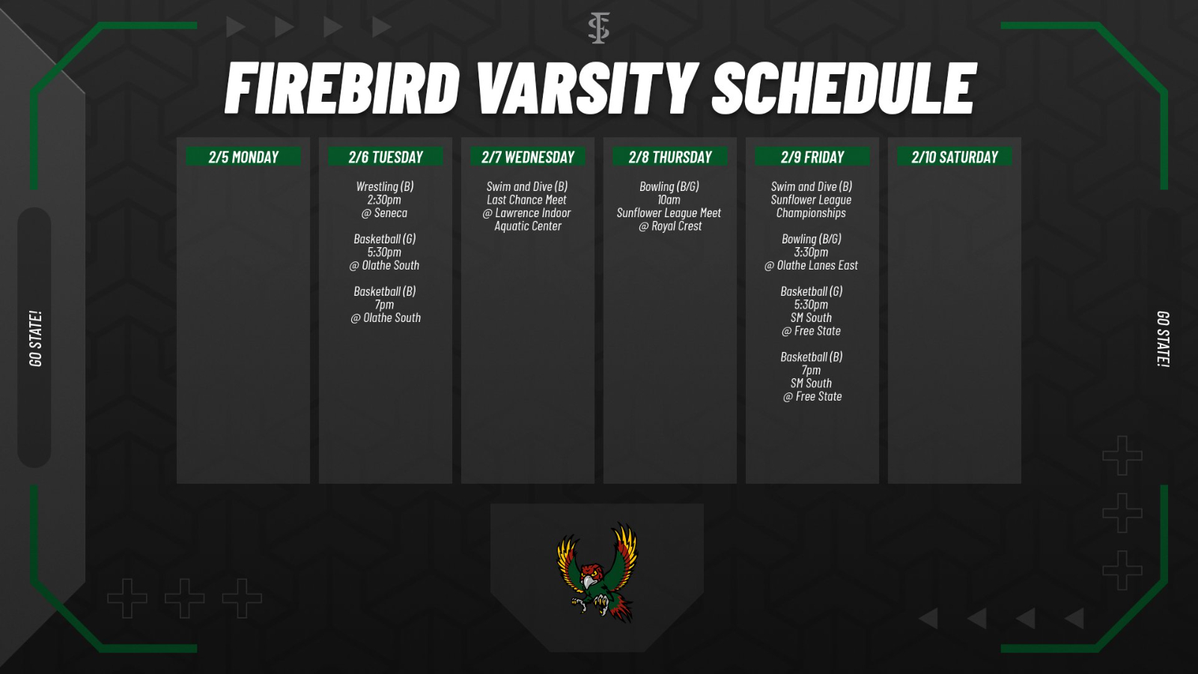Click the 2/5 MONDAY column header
click(243, 157)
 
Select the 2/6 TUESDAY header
click(386, 157)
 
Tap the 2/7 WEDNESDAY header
click(528, 157)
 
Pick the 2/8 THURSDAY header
click(670, 157)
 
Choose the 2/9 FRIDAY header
click(812, 157)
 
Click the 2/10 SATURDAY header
click(955, 157)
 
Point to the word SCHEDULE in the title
click(844, 88)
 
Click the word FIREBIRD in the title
click(342, 88)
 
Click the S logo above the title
click(598, 28)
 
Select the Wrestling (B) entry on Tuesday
click(385, 186)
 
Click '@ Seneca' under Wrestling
click(384, 213)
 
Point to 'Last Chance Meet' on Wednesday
click(526, 200)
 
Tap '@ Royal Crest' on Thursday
click(670, 226)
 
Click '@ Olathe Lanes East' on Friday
click(811, 265)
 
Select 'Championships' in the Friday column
click(811, 213)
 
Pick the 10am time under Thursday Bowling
click(669, 200)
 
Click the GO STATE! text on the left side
click(35, 338)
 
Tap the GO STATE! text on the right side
click(1162, 338)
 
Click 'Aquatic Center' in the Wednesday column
click(527, 226)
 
